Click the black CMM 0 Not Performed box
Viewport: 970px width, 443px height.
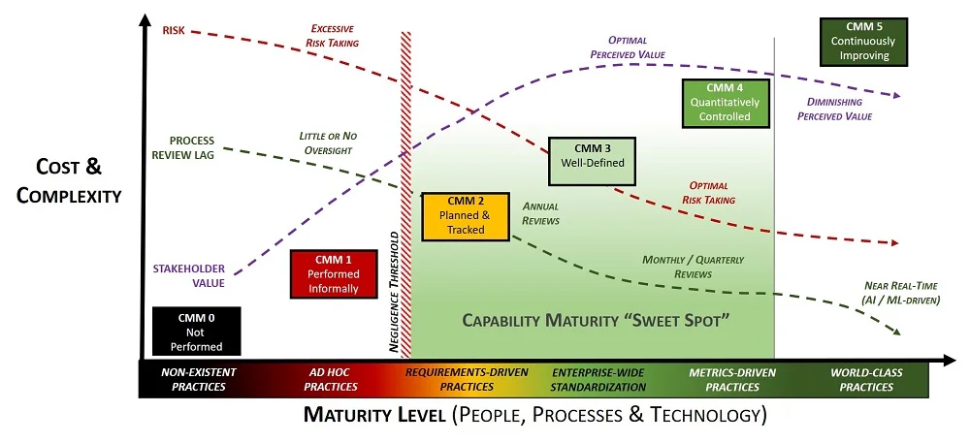(197, 332)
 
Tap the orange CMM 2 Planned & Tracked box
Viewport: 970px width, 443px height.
(466, 215)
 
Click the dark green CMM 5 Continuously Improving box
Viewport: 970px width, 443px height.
(863, 42)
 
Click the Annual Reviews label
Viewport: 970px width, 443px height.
(540, 213)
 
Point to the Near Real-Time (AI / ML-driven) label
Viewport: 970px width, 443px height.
(901, 293)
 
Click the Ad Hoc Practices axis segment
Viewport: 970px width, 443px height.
(331, 379)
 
